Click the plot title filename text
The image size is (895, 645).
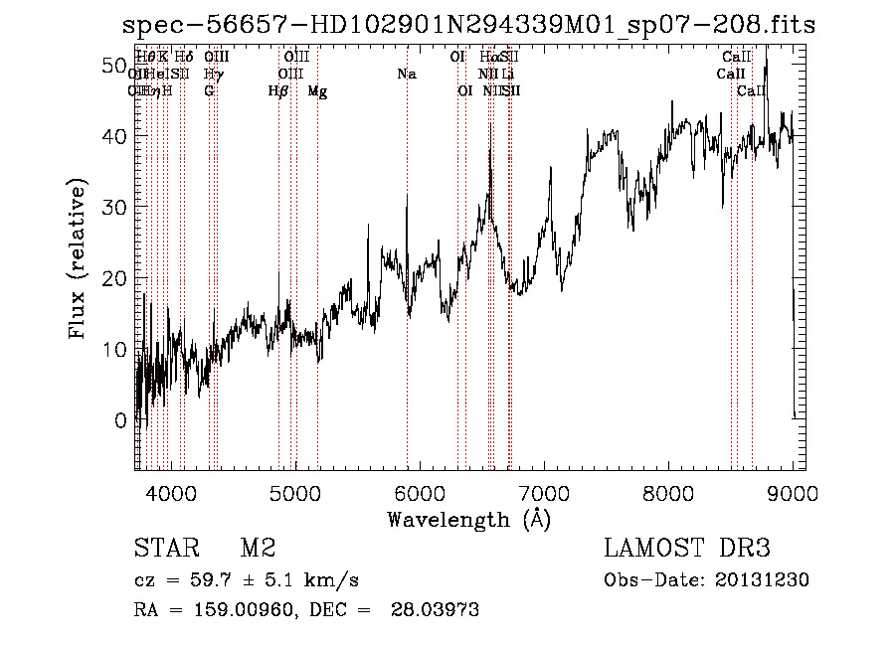pyautogui.click(x=461, y=27)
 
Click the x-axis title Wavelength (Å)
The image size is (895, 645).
pyautogui.click(x=468, y=519)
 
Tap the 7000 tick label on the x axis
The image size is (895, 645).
pyautogui.click(x=544, y=492)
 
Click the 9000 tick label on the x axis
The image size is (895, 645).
pyautogui.click(x=793, y=492)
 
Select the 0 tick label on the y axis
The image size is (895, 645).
pyautogui.click(x=120, y=420)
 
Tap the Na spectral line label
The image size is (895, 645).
pyautogui.click(x=406, y=75)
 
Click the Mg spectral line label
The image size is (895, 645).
pyautogui.click(x=317, y=91)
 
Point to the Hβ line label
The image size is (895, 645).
pyautogui.click(x=278, y=91)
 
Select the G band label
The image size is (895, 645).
pyautogui.click(x=209, y=91)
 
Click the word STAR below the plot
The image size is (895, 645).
pyautogui.click(x=164, y=549)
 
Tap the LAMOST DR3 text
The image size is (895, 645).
pyautogui.click(x=687, y=549)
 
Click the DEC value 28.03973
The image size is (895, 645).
pyautogui.click(x=437, y=610)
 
